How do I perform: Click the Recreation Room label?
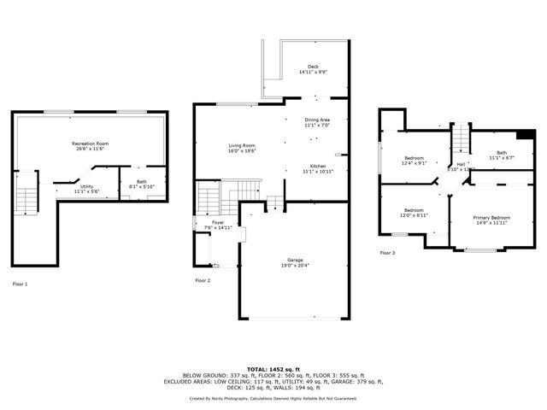point(90,146)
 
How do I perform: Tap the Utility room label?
point(87,189)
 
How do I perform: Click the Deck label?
point(314,70)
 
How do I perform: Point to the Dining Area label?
point(317,123)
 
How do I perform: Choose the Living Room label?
point(243,149)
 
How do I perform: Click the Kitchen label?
point(317,168)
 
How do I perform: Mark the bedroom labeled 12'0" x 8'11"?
point(415,214)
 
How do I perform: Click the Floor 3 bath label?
point(498,155)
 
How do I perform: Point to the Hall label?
point(462,167)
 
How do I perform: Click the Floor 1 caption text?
point(20,284)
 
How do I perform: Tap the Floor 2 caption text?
point(203,280)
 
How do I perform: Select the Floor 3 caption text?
point(387,253)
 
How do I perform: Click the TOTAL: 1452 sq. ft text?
point(273,366)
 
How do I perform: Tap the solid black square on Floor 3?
point(526,135)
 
